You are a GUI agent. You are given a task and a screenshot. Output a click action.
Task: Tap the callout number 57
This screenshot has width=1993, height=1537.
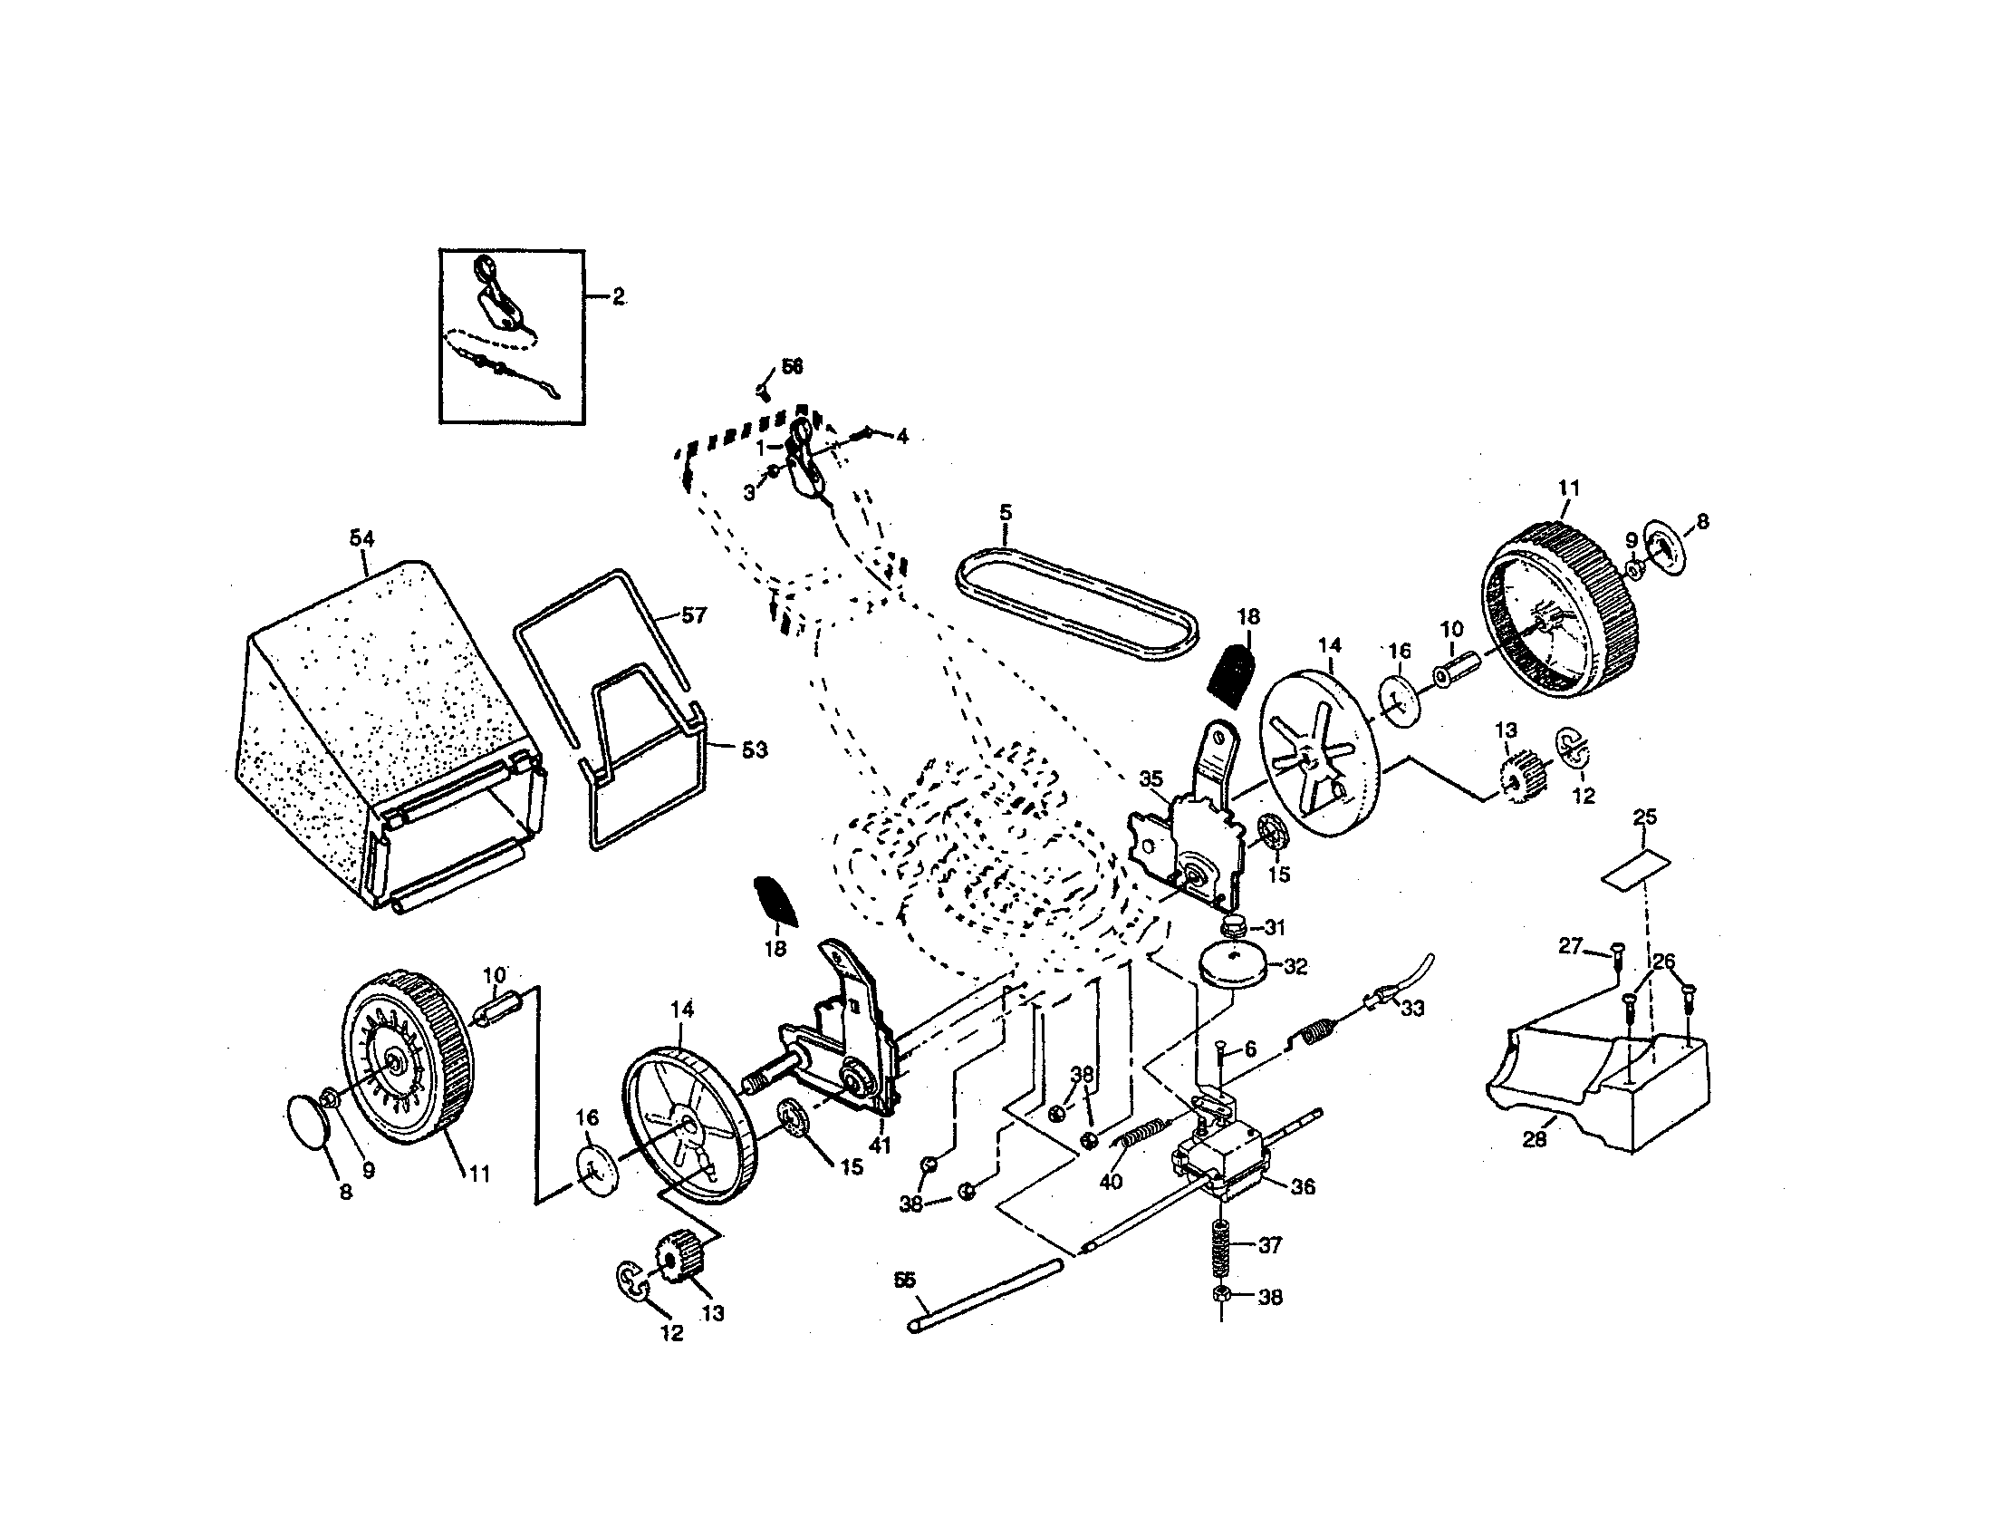point(695,615)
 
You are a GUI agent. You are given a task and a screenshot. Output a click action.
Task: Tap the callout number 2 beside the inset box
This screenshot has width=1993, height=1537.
point(619,296)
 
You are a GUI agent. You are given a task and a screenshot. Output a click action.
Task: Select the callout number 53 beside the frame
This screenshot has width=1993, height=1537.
point(754,749)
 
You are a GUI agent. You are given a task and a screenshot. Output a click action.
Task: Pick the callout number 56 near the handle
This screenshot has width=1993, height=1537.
point(791,366)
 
